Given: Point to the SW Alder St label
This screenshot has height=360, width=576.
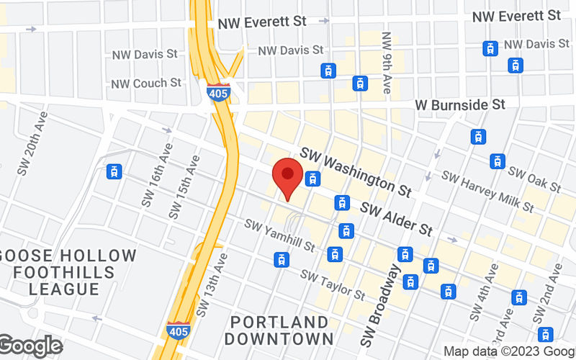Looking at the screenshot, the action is click(397, 219).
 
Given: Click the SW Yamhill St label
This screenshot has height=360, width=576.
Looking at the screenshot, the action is click(280, 235).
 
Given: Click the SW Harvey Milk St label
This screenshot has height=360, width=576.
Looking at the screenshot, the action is click(487, 192).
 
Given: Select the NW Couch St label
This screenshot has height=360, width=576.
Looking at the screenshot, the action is click(146, 84).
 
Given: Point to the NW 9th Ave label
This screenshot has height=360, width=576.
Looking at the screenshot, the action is click(387, 63).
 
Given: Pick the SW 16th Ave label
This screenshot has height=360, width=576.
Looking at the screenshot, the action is click(158, 177).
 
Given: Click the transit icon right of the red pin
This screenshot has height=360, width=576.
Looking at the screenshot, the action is click(312, 178).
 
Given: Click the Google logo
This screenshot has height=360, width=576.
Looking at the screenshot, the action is click(30, 346).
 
